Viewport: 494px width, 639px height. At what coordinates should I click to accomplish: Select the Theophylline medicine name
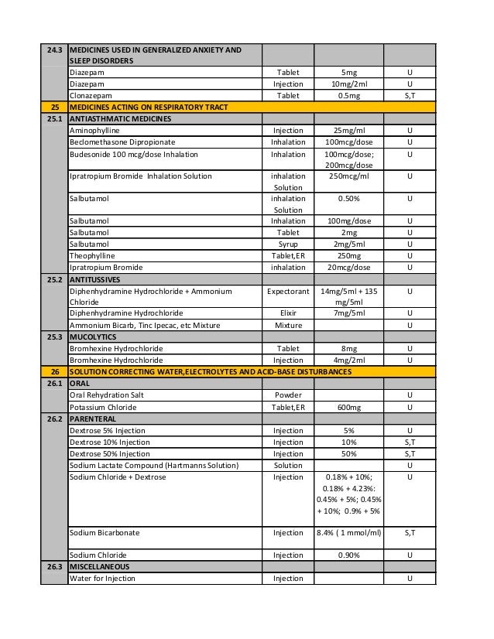coord(92,256)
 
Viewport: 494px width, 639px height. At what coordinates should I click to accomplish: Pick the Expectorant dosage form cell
coord(287,291)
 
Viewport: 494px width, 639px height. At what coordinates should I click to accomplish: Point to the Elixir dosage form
coord(287,313)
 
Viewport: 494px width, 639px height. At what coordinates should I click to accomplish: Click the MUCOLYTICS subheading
coord(93,337)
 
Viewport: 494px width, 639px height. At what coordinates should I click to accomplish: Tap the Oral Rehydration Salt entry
coord(107,395)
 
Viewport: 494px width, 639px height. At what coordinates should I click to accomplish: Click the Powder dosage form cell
coord(287,395)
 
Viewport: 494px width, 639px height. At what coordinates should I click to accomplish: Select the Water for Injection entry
coord(102,579)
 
